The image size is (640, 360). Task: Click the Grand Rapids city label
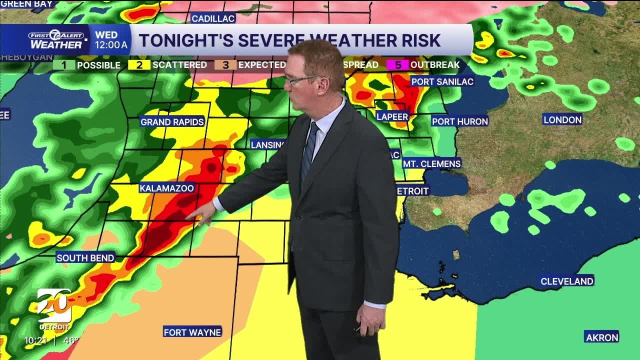pyautogui.click(x=172, y=122)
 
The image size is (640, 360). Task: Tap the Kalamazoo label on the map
pyautogui.click(x=166, y=188)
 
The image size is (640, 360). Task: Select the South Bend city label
pyautogui.click(x=85, y=258)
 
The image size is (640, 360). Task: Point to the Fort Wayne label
pyautogui.click(x=192, y=332)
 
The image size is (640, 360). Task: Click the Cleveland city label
pyautogui.click(x=567, y=281)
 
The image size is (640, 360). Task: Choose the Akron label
pyautogui.click(x=602, y=337)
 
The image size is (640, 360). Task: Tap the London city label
pyautogui.click(x=562, y=119)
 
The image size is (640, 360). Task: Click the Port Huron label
pyautogui.click(x=460, y=121)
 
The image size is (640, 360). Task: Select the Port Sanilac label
pyautogui.click(x=442, y=81)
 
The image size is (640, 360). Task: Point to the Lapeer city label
pyautogui.click(x=392, y=116)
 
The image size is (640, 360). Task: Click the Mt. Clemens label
pyautogui.click(x=432, y=163)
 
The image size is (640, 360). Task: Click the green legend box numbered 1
pyautogui.click(x=63, y=65)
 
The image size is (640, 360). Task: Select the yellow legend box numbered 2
pyautogui.click(x=139, y=65)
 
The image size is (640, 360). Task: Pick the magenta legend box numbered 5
pyautogui.click(x=398, y=65)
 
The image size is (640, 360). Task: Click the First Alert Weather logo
pyautogui.click(x=56, y=40)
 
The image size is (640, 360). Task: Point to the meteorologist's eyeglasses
pyautogui.click(x=300, y=79)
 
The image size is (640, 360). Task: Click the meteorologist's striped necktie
pyautogui.click(x=308, y=150)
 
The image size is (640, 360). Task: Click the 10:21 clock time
pyautogui.click(x=36, y=340)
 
